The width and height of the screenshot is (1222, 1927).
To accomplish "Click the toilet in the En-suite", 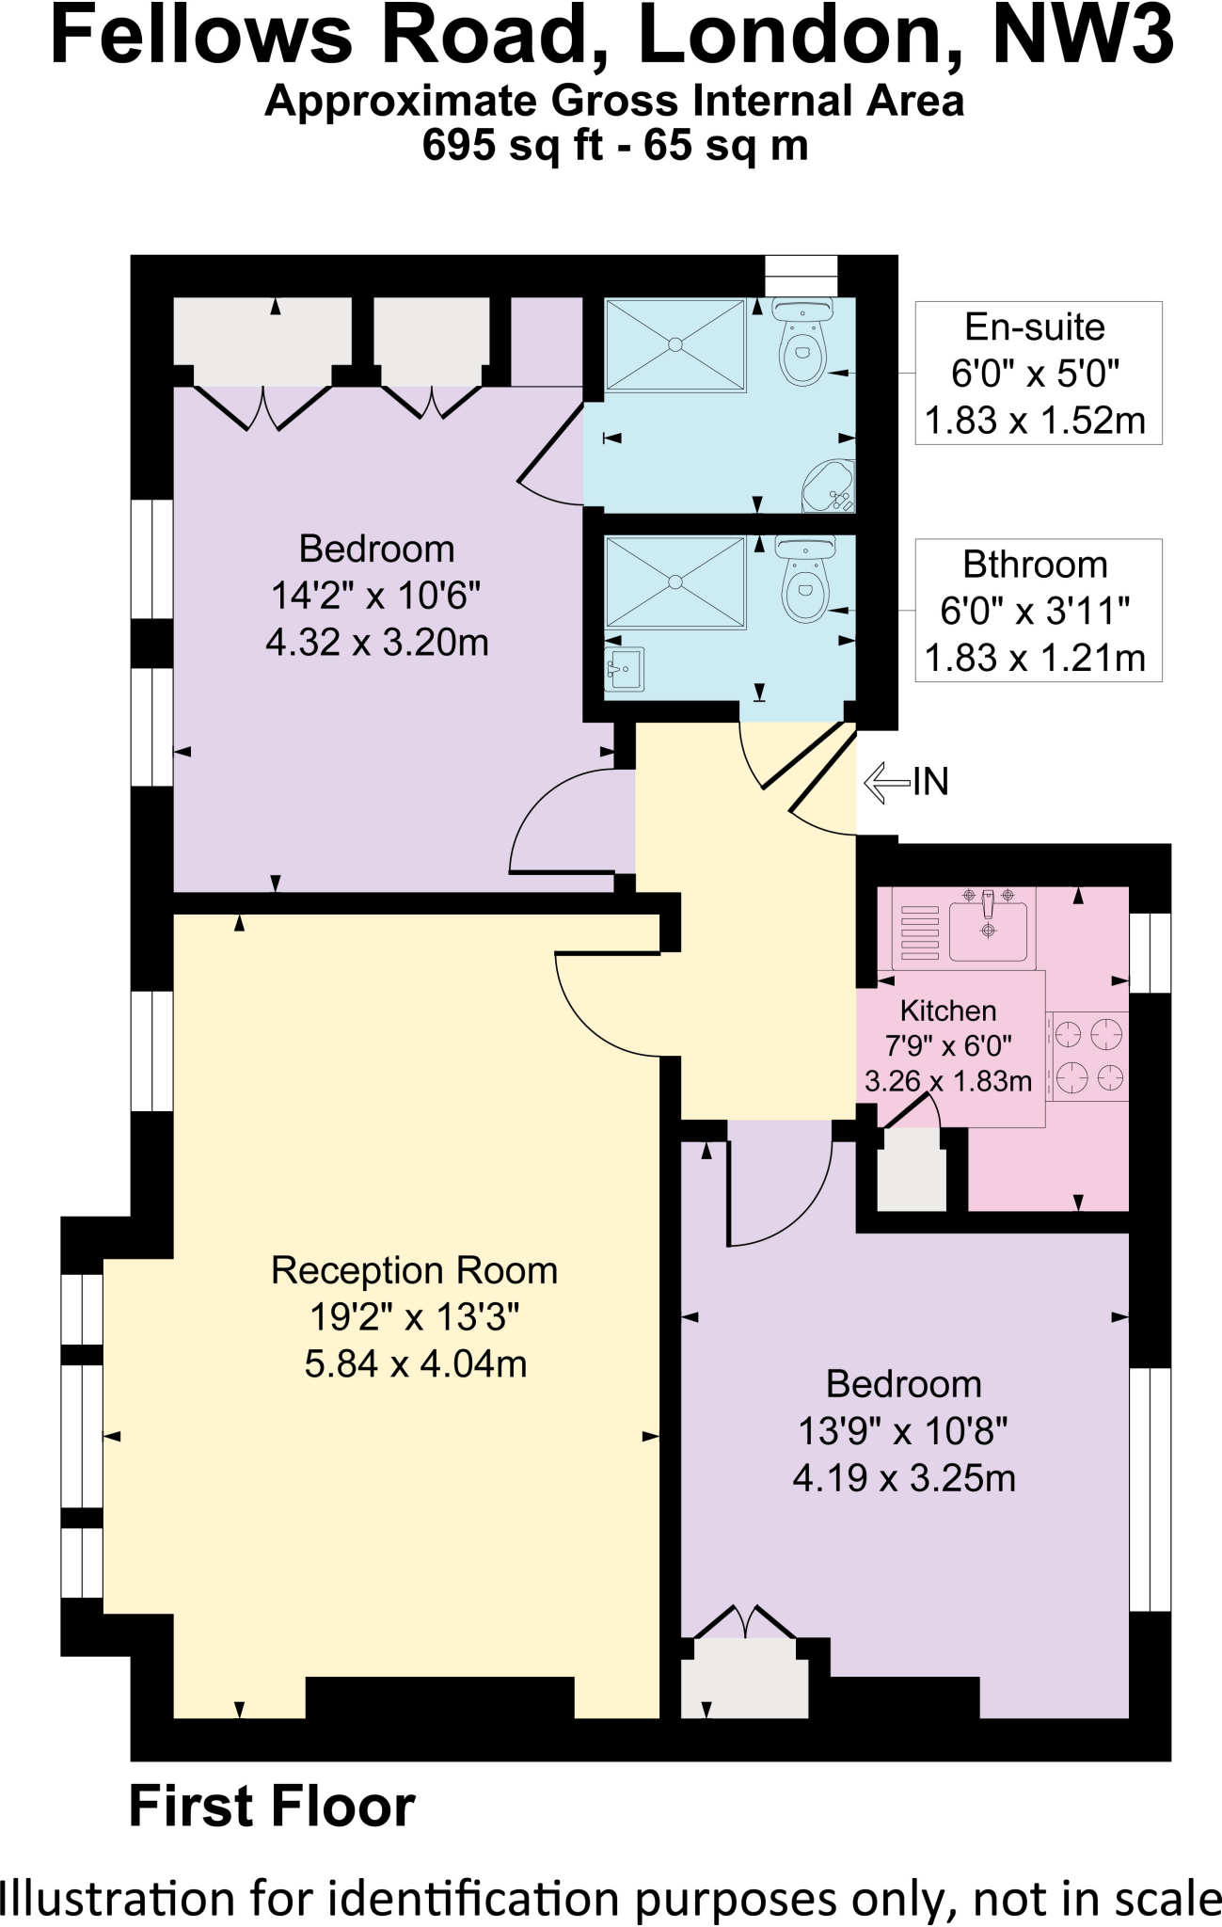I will click(803, 343).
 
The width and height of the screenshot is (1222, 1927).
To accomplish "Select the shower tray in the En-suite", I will click(675, 344).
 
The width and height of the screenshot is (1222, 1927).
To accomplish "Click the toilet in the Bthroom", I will click(805, 581).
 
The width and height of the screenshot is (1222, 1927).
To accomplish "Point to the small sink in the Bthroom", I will click(623, 669).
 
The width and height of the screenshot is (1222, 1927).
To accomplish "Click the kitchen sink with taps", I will click(988, 926).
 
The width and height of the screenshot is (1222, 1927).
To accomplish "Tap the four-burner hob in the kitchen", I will click(1088, 1056).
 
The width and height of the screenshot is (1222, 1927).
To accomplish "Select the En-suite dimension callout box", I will click(1038, 374).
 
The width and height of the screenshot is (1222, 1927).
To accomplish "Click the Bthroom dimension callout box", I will click(1038, 611).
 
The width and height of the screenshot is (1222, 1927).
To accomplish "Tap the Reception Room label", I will click(414, 1270).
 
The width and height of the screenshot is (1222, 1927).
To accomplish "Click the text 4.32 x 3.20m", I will click(377, 643).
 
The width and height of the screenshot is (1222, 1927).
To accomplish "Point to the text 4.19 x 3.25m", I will click(904, 1478).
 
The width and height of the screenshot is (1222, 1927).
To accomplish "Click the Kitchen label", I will click(947, 1011).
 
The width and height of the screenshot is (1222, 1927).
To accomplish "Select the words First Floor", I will click(272, 1806).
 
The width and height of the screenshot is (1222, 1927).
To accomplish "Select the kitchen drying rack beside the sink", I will click(919, 932).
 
